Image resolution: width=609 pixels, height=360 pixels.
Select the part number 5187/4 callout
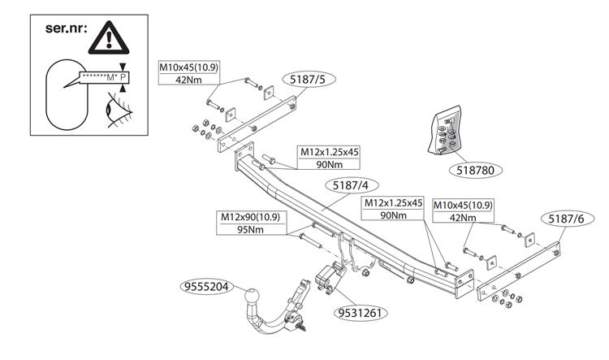354,186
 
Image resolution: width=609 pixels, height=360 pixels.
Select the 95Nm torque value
253,230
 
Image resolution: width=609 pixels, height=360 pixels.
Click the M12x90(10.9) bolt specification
253,218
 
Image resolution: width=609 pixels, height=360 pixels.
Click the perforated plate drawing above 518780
445,130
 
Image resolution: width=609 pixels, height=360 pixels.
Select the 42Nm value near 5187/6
463,217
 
